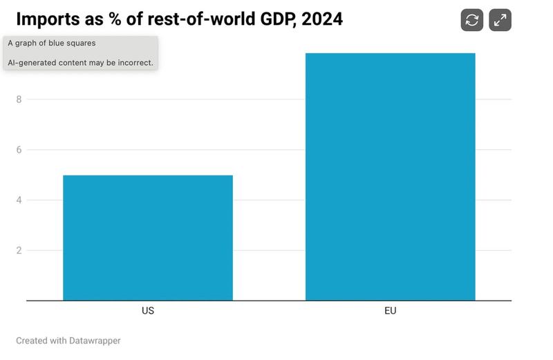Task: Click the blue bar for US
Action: (x=148, y=238)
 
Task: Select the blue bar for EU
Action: (x=391, y=177)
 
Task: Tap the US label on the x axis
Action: (x=148, y=311)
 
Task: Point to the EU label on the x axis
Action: (x=391, y=311)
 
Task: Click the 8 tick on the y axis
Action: (x=19, y=100)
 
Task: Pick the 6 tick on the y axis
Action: (x=19, y=150)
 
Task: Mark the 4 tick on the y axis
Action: (x=19, y=200)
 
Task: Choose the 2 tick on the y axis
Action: (x=19, y=251)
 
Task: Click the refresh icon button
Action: (x=472, y=20)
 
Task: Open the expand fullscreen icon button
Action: (x=500, y=20)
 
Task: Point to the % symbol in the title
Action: (x=115, y=19)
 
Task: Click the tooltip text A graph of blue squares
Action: (x=52, y=43)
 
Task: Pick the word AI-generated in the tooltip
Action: (x=31, y=62)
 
